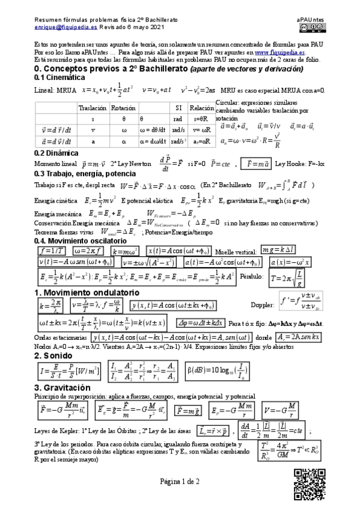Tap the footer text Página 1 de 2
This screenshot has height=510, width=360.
click(179, 498)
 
